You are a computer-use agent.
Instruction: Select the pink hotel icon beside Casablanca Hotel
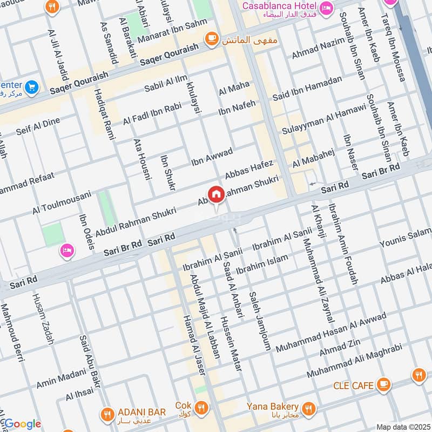click(x=326, y=8)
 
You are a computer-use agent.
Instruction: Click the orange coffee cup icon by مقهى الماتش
click(x=211, y=38)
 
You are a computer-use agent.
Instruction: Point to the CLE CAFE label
click(x=354, y=386)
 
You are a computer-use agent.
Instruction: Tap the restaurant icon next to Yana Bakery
click(x=309, y=407)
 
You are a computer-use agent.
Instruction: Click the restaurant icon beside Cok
click(x=201, y=407)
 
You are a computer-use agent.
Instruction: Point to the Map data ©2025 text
click(x=402, y=427)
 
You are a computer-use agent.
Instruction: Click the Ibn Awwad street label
click(x=212, y=156)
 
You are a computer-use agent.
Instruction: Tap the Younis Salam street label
click(x=406, y=241)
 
